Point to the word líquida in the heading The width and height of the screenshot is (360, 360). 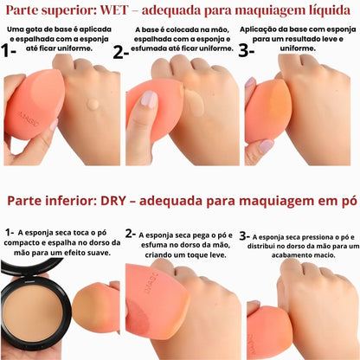[x=327, y=11]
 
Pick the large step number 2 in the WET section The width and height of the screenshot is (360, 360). [x=120, y=50]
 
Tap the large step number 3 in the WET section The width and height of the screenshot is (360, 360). [x=246, y=49]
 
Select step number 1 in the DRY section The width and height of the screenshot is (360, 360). [x=8, y=233]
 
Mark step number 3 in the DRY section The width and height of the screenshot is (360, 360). [x=245, y=235]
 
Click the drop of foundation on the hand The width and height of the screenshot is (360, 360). [x=93, y=105]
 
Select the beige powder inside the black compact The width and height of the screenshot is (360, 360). [x=35, y=312]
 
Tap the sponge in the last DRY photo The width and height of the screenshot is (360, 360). [x=264, y=333]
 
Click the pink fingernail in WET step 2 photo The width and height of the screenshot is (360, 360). [x=149, y=99]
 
